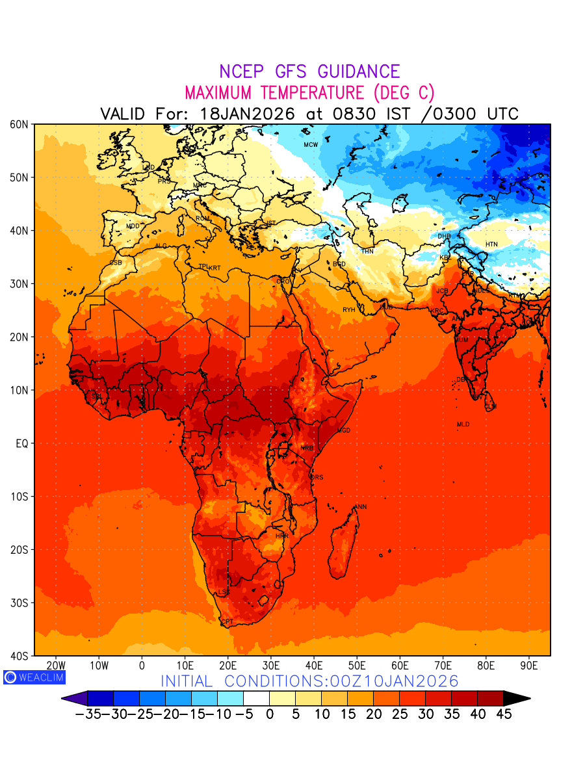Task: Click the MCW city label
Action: point(311,144)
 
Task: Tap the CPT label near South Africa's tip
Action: point(227,622)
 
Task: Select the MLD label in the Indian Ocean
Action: point(463,424)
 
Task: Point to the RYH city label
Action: point(349,310)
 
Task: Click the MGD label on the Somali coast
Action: point(343,431)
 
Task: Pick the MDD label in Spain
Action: point(133,226)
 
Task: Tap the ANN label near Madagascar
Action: point(360,507)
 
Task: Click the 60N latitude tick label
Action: point(19,124)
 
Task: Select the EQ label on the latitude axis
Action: point(21,443)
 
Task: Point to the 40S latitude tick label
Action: point(19,656)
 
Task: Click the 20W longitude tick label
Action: point(57,666)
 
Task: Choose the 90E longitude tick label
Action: point(529,666)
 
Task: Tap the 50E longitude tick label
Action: point(357,666)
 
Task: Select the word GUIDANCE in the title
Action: point(357,71)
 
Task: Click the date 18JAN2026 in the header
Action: point(247,114)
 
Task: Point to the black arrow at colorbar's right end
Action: point(517,699)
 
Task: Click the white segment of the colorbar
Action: point(256,699)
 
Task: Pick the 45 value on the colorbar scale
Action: point(503,714)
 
